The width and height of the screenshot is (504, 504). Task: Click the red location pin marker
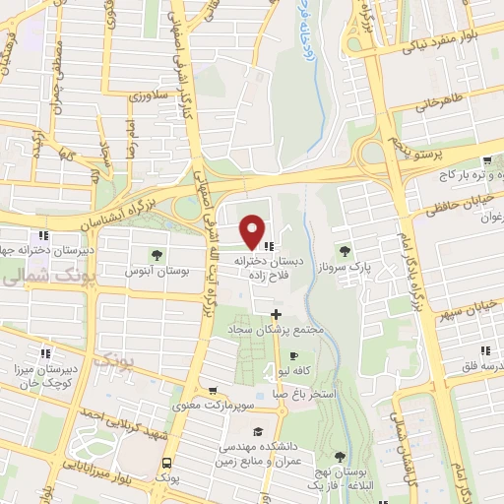point(253,231)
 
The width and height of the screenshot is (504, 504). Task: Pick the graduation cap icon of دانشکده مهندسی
point(258,431)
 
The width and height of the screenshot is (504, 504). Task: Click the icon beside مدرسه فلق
point(483,350)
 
